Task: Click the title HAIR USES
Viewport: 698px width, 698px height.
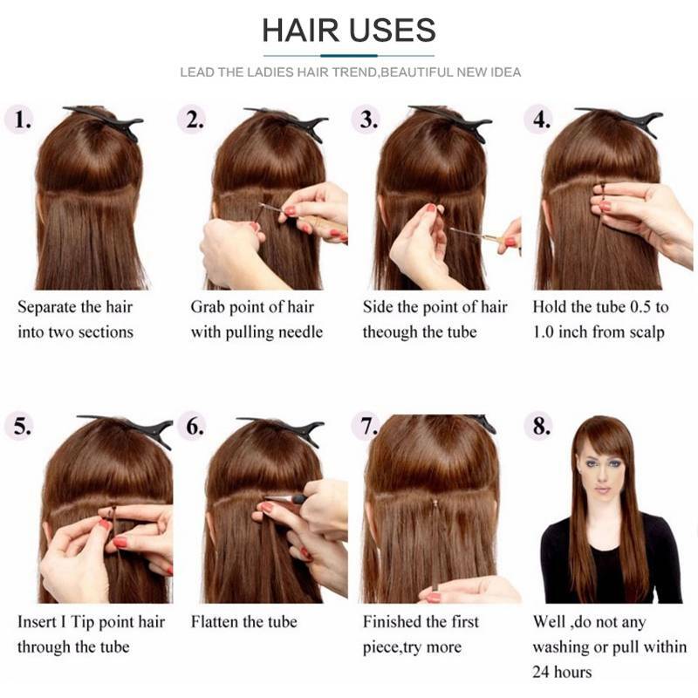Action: pyautogui.click(x=348, y=31)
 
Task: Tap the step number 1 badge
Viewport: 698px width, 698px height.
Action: pyautogui.click(x=20, y=120)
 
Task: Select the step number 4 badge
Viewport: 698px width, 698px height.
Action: pyautogui.click(x=539, y=120)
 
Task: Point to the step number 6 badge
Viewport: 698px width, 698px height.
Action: pyautogui.click(x=193, y=427)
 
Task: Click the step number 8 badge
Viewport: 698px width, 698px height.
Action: pyautogui.click(x=539, y=427)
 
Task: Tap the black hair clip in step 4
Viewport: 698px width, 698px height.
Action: pyautogui.click(x=623, y=120)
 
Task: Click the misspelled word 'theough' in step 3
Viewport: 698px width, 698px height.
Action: pyautogui.click(x=389, y=332)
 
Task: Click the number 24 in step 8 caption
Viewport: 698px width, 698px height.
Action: pyautogui.click(x=541, y=672)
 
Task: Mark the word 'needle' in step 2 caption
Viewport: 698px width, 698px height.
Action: pyautogui.click(x=300, y=332)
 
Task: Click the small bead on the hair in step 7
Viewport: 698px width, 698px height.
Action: pyautogui.click(x=435, y=503)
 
